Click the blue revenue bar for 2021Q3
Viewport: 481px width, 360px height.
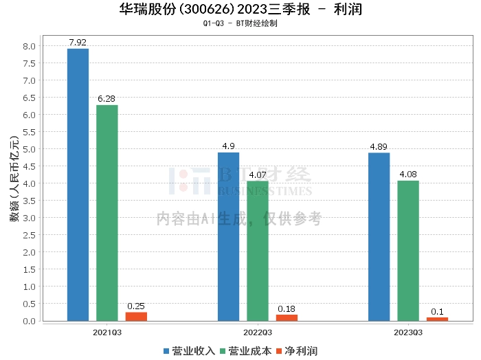(x=78, y=184)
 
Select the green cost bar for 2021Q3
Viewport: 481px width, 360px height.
(x=107, y=213)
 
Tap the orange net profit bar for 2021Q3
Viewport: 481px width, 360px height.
(x=136, y=317)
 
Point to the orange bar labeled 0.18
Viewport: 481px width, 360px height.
(x=287, y=317)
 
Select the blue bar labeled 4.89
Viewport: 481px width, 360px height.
(x=379, y=236)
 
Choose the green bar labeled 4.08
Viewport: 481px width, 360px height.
(x=408, y=251)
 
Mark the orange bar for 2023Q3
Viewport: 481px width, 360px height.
(x=437, y=319)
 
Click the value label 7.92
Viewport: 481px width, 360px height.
(x=78, y=42)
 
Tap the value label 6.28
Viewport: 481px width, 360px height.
(x=107, y=99)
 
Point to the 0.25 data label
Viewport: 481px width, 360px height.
(x=136, y=306)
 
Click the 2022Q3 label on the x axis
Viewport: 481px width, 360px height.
(x=258, y=332)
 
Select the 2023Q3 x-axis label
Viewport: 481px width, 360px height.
(x=408, y=332)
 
